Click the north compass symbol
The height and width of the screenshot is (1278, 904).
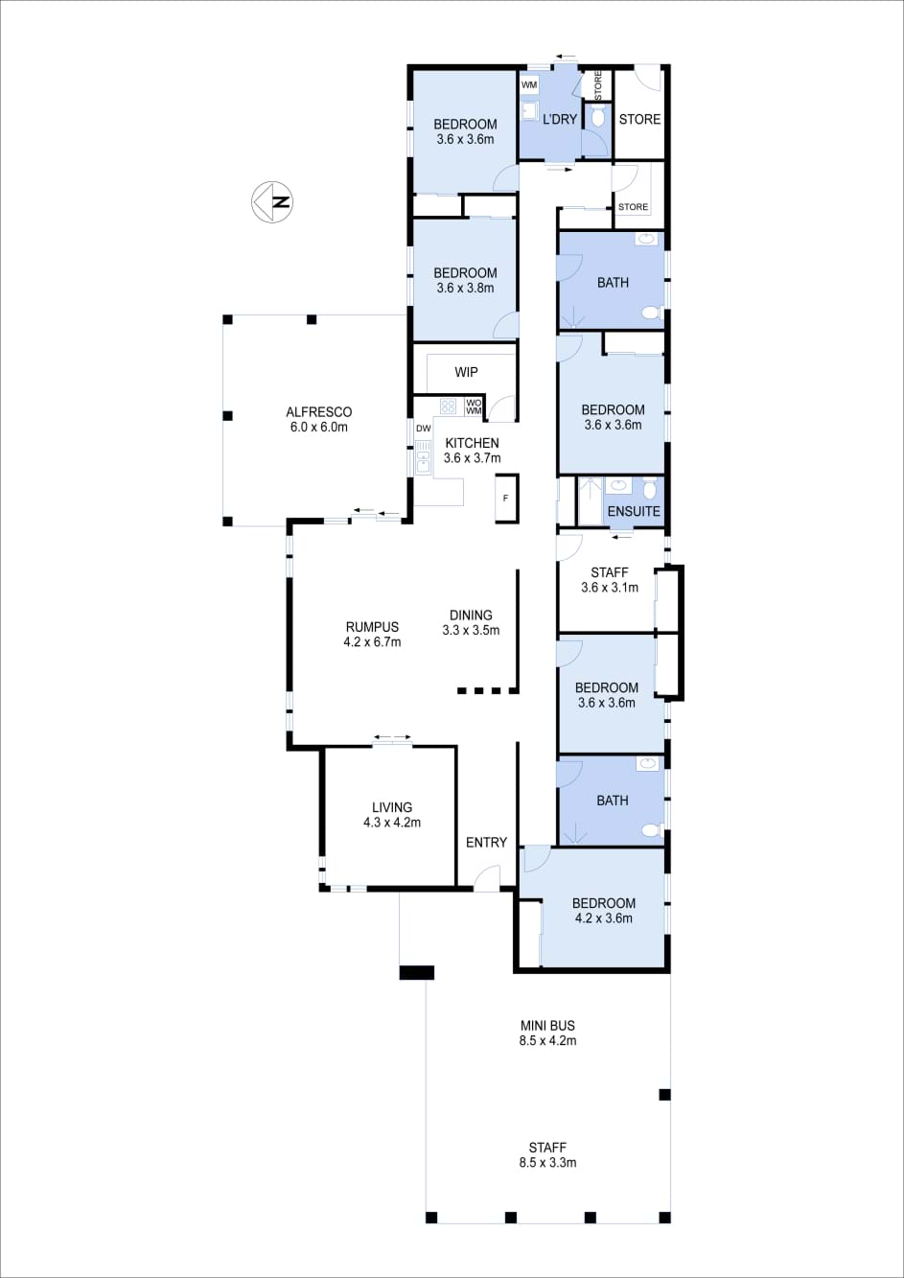coord(272,202)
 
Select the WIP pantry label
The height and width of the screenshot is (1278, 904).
coord(466,372)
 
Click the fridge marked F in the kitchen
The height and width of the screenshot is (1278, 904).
coord(506,499)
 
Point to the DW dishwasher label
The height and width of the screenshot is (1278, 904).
coord(423,429)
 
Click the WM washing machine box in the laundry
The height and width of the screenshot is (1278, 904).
coord(529,85)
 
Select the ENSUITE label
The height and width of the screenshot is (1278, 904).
coord(633,511)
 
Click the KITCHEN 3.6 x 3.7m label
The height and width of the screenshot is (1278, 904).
coord(473,451)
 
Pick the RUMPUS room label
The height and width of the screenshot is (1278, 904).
coord(372,634)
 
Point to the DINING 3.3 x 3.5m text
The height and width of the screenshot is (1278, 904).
coord(471,622)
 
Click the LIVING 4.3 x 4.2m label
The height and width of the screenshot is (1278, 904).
coord(392,815)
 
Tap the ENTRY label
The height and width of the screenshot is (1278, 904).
coord(486,842)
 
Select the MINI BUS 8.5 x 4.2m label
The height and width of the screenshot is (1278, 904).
coord(547,1033)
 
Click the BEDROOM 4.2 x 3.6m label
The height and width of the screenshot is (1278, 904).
coord(603,911)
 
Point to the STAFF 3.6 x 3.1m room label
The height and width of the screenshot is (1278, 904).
coord(609,580)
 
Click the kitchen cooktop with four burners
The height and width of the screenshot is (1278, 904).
coord(448,407)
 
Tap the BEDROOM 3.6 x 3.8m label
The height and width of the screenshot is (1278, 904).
coord(465,280)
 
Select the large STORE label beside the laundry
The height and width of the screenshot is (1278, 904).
coord(639,119)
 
